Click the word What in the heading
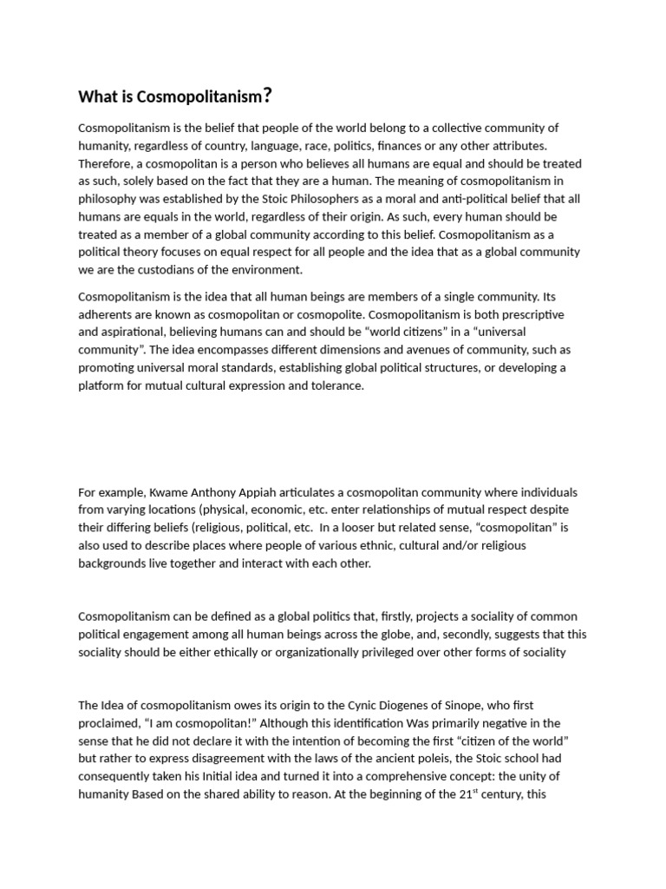click(x=98, y=96)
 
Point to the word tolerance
click(x=333, y=385)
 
